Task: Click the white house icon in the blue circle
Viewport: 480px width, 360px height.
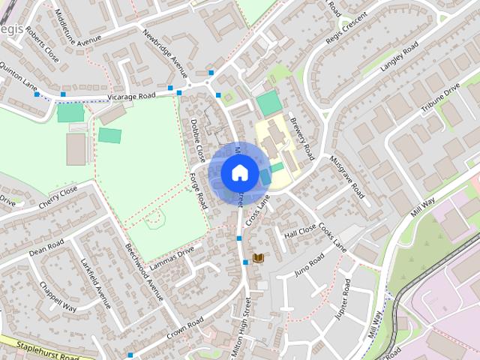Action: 239,172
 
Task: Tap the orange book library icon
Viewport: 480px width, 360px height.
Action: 259,258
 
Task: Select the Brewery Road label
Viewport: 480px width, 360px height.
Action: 303,140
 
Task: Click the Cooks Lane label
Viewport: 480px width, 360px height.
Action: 332,236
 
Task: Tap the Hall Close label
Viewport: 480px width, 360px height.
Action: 300,232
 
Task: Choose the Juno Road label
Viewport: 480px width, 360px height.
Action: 310,263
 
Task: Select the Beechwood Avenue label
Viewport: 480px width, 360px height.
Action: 144,273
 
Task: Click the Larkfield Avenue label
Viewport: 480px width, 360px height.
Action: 95,283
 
